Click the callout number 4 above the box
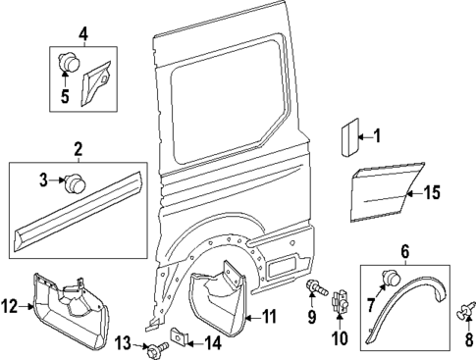[82, 35]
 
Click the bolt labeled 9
[313, 287]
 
